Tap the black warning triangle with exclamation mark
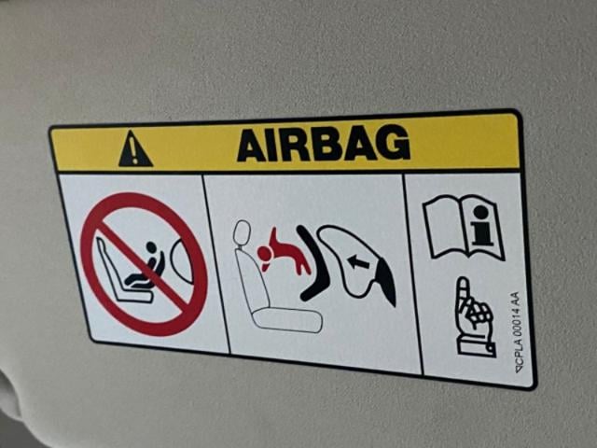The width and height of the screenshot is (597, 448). coord(135,149)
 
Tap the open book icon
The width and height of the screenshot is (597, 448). coord(464,227)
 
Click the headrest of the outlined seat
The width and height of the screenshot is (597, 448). coord(243,233)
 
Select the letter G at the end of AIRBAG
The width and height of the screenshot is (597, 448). coord(394,141)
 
